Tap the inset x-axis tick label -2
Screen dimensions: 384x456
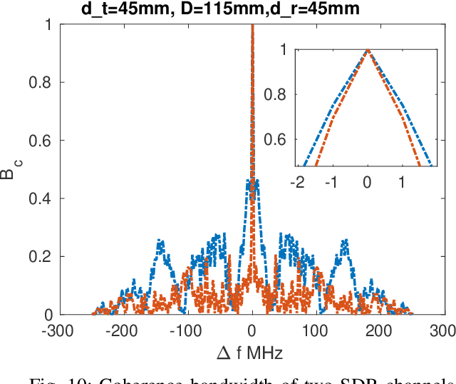pos(298,183)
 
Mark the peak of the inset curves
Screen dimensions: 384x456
pos(367,50)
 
